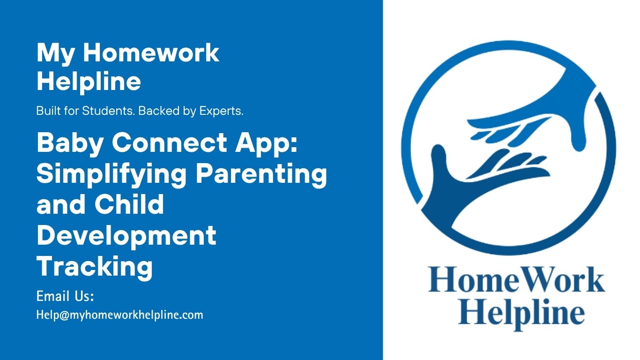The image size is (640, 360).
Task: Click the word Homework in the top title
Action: [x=151, y=53]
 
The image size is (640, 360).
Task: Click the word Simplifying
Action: [x=112, y=174]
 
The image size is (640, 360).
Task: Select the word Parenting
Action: [x=261, y=174]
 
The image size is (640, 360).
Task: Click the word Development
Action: [x=127, y=236]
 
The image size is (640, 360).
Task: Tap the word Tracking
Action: [x=95, y=267]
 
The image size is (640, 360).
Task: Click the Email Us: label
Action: [x=66, y=297]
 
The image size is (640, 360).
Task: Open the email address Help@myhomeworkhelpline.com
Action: [x=120, y=315]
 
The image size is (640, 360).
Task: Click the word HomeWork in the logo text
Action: [x=516, y=280]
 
